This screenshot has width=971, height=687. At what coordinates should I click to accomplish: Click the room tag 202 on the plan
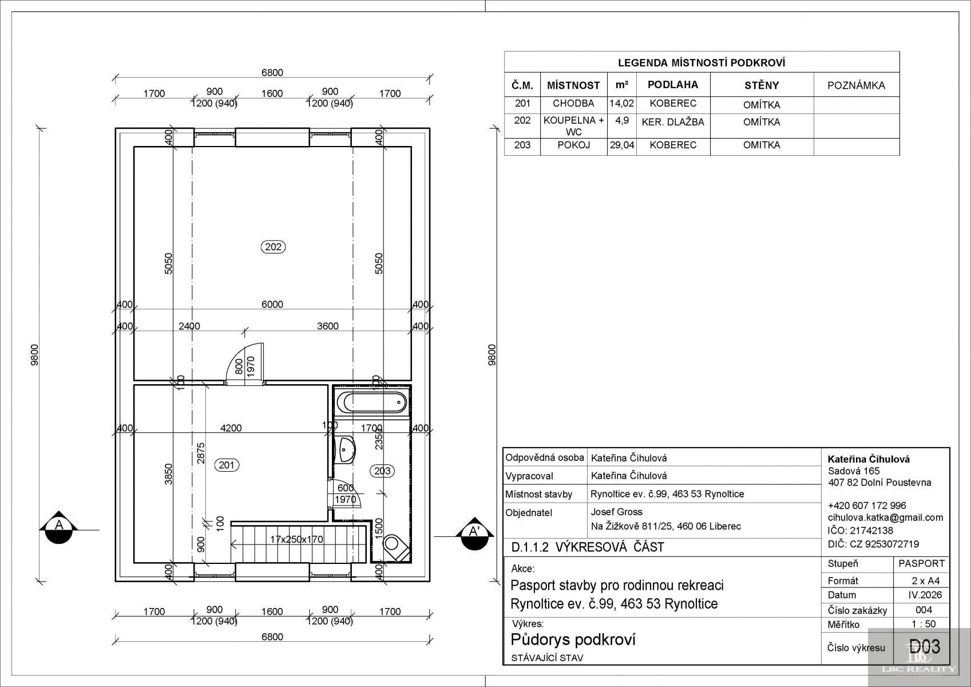pyautogui.click(x=273, y=247)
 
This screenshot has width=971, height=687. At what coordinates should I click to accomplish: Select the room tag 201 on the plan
pyautogui.click(x=227, y=465)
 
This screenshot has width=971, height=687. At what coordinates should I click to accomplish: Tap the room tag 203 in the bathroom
pyautogui.click(x=382, y=471)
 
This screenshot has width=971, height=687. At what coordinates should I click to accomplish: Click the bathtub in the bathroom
pyautogui.click(x=371, y=403)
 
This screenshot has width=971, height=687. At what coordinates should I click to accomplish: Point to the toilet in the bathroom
pyautogui.click(x=395, y=547)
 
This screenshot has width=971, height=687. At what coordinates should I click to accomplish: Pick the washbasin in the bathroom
pyautogui.click(x=346, y=450)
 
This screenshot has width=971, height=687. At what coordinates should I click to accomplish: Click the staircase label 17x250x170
pyautogui.click(x=296, y=539)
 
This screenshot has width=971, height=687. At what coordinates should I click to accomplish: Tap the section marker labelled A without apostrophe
pyautogui.click(x=58, y=527)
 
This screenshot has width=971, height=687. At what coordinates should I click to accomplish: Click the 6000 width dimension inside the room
pyautogui.click(x=272, y=305)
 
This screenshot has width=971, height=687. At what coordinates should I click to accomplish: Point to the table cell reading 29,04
pyautogui.click(x=621, y=145)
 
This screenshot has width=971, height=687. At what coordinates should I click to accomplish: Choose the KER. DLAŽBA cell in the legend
pyautogui.click(x=673, y=123)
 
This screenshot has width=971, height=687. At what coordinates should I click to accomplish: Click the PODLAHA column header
pyautogui.click(x=673, y=85)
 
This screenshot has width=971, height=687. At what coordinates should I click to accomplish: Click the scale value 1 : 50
pyautogui.click(x=924, y=623)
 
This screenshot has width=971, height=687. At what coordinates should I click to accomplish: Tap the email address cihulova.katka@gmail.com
pyautogui.click(x=885, y=518)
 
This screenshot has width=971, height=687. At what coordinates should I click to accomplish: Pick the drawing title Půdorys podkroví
pyautogui.click(x=573, y=639)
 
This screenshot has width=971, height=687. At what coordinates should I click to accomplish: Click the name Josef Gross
pyautogui.click(x=616, y=512)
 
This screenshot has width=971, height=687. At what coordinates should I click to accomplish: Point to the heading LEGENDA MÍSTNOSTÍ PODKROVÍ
pyautogui.click(x=702, y=63)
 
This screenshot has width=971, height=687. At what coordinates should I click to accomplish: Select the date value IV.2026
pyautogui.click(x=925, y=595)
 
